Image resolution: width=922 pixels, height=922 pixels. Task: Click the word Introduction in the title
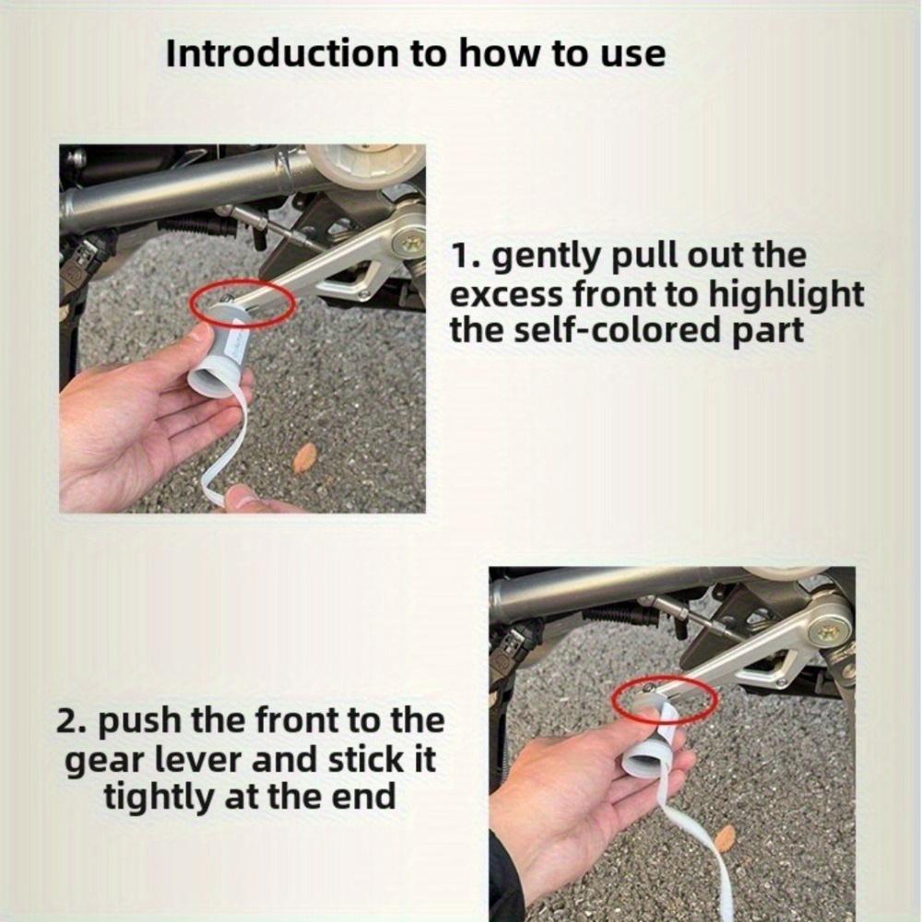click(x=281, y=53)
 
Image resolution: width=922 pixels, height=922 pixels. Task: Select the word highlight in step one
click(x=786, y=293)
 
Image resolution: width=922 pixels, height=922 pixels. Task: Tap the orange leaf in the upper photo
click(x=304, y=457)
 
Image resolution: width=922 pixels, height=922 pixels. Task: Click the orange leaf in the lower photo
click(x=727, y=837)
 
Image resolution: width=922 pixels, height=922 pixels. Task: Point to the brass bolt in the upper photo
click(x=408, y=242)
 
